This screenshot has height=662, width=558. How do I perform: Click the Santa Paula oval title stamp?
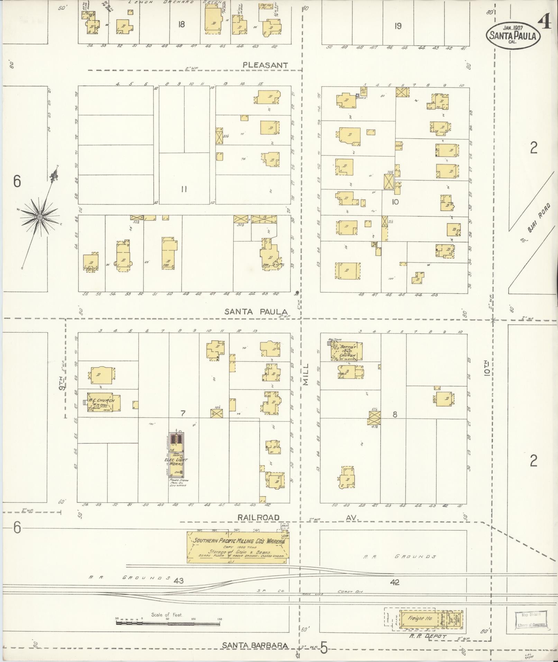(513, 35)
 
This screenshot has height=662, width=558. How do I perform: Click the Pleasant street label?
(265, 65)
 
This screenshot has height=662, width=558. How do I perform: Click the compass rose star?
(40, 217)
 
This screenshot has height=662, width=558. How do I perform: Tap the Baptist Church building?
(347, 351)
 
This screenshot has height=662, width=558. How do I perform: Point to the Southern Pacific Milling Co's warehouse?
(238, 547)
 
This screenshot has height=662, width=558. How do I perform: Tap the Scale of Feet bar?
(168, 623)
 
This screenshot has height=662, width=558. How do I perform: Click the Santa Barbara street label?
(255, 645)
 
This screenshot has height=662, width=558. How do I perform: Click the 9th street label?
(62, 384)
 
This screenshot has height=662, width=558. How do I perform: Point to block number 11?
(184, 189)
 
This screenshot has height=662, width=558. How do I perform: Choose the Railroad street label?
(258, 517)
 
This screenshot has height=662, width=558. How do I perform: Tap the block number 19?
(398, 26)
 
